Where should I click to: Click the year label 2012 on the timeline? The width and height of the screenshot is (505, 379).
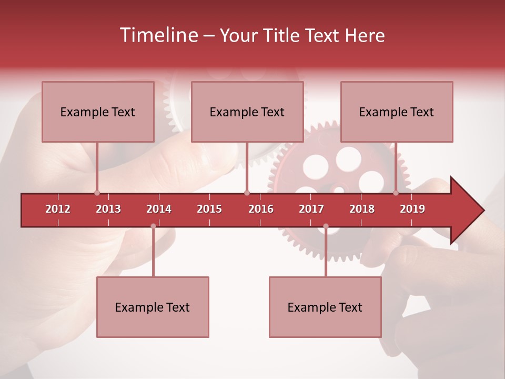tap(58, 209)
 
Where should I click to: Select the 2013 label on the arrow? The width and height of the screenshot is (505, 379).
tap(108, 209)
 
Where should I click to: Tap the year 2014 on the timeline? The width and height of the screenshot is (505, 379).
tap(159, 209)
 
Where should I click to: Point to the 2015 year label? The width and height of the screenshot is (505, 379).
tap(209, 209)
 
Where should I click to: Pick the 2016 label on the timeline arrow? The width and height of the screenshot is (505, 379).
tap(261, 209)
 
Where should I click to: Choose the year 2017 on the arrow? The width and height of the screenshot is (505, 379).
tap(311, 209)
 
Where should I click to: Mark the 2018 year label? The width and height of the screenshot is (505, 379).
tap(362, 209)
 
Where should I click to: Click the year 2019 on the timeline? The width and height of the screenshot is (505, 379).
tap(412, 209)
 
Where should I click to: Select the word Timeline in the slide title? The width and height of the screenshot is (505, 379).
tap(158, 35)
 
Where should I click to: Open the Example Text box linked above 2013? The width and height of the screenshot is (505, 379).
tap(98, 112)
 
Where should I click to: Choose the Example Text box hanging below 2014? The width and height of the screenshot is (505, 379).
tap(153, 307)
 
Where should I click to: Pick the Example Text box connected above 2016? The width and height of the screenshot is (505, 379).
tap(247, 112)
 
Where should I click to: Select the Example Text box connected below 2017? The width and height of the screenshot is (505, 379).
tap(325, 307)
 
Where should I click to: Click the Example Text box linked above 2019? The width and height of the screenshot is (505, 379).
tap(397, 112)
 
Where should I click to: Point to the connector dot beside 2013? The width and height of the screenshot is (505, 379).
tap(97, 193)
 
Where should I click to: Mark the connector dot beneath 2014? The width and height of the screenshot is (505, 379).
tap(153, 226)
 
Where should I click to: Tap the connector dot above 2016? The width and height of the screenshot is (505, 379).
tap(247, 193)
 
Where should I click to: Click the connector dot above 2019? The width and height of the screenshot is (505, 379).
tap(396, 193)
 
